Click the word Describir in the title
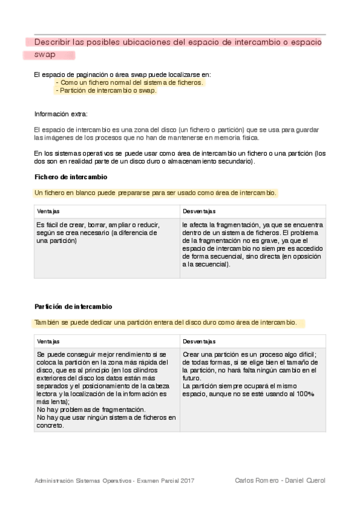click(x=52, y=43)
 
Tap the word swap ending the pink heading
click(x=44, y=55)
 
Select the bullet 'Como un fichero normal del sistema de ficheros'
click(x=129, y=82)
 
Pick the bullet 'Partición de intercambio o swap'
click(x=105, y=91)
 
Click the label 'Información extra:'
click(x=61, y=114)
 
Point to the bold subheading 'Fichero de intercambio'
click(x=71, y=177)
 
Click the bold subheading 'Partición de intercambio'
click(x=73, y=307)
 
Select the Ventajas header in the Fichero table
click(x=48, y=211)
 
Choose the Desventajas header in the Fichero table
click(x=200, y=211)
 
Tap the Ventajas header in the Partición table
click(x=48, y=341)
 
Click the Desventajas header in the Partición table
click(x=200, y=341)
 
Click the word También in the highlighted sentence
click(x=47, y=323)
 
